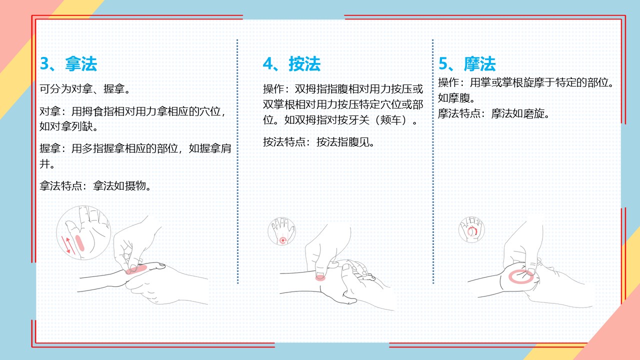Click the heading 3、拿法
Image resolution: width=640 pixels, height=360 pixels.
click(68, 63)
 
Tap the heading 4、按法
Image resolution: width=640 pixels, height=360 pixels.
click(291, 63)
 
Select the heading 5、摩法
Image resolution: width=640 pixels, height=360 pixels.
click(467, 63)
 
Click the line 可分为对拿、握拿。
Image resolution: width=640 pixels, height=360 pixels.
click(85, 89)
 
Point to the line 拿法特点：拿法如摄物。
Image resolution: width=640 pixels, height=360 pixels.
click(95, 186)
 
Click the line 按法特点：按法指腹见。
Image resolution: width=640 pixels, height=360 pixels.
click(319, 142)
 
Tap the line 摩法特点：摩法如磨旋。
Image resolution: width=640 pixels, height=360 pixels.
click(493, 113)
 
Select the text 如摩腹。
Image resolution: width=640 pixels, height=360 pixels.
click(456, 98)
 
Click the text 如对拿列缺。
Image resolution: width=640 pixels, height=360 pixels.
click(69, 126)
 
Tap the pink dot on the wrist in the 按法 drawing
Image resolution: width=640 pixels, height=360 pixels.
click(320, 277)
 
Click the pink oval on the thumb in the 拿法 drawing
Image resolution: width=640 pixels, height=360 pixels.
click(136, 269)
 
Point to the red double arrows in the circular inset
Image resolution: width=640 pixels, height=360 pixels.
click(68, 245)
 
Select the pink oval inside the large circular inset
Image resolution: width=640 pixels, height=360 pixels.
click(79, 243)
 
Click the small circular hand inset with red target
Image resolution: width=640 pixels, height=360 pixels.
click(281, 231)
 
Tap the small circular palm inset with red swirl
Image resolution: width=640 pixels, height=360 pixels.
click(471, 229)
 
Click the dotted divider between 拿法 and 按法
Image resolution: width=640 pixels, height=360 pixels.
click(237, 161)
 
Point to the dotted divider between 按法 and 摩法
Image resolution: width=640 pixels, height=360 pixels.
click(433, 161)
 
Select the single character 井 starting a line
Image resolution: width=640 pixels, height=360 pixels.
click(44, 164)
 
